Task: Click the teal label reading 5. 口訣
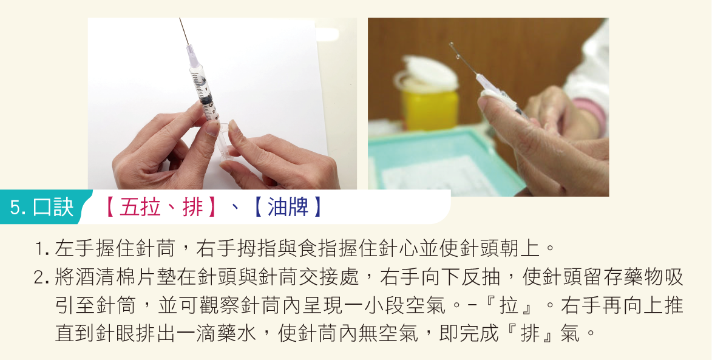[42, 207]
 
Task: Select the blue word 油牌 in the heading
[288, 208]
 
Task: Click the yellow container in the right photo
[430, 109]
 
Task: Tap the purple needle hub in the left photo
[192, 56]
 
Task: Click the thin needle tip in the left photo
[180, 19]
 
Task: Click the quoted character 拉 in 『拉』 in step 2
[509, 305]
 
